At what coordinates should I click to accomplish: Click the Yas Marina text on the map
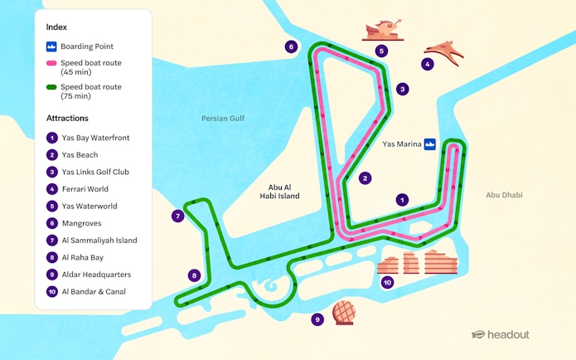400,144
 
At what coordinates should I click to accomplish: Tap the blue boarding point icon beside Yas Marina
430,144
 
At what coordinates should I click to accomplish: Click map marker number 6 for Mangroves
291,46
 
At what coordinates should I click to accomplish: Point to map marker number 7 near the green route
177,216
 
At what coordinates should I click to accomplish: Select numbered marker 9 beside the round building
317,319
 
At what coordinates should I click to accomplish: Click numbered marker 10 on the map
387,283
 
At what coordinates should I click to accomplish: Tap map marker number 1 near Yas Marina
403,200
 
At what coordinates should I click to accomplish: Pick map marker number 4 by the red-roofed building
428,64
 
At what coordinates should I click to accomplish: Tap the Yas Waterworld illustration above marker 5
382,31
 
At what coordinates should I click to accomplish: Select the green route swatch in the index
51,85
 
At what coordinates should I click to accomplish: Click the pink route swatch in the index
51,63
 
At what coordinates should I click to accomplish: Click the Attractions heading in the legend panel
68,119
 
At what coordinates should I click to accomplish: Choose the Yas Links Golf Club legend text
95,172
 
